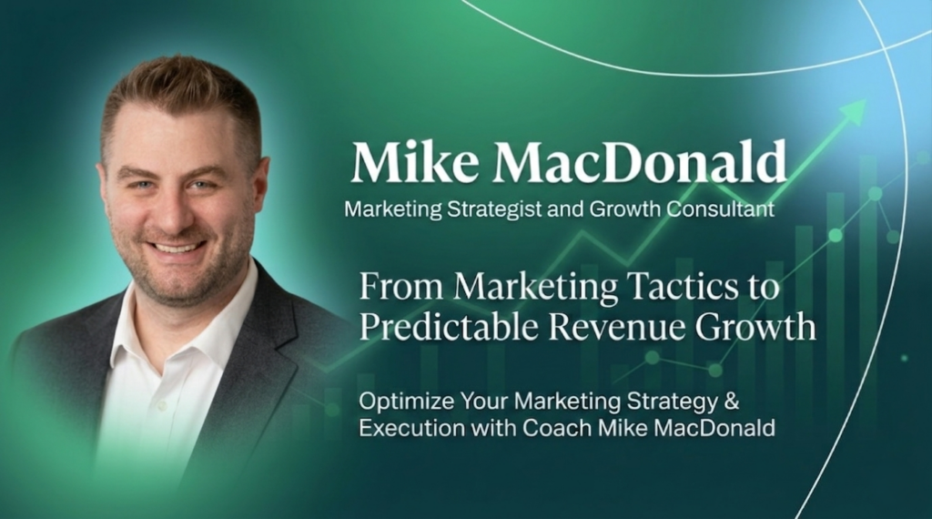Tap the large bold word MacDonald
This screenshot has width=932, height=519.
coord(640,162)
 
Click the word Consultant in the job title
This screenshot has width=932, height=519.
coord(721,209)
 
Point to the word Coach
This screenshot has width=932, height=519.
coord(558,428)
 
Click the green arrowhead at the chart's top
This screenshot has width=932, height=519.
coord(854,111)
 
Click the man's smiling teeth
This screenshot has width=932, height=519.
coord(177,247)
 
